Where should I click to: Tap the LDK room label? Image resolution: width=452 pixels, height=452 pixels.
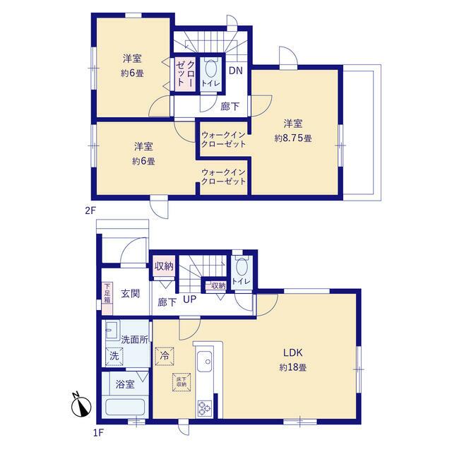tap(292, 352)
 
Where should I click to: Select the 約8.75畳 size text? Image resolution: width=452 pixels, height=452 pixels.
tap(293, 138)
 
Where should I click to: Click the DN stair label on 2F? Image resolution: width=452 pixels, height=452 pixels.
tap(235, 71)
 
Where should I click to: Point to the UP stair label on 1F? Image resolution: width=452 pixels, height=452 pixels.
tap(190, 299)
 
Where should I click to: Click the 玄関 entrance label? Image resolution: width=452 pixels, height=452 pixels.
tap(130, 294)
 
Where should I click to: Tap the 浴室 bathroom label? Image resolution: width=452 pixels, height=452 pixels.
tap(125, 384)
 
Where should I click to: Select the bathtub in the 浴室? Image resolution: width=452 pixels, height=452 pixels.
tap(125, 407)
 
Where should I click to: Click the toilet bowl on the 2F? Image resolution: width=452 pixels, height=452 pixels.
tap(210, 69)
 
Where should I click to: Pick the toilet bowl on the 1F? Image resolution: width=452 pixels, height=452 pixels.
tap(242, 267)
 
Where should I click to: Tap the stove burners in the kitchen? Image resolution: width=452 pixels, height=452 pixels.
tap(205, 408)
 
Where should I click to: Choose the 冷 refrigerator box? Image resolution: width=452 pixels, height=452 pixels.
tap(165, 356)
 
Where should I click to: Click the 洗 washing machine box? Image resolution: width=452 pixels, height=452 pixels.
tap(114, 356)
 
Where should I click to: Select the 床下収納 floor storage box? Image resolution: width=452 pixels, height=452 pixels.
tap(182, 382)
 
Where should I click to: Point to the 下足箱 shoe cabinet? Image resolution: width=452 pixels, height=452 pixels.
tap(107, 298)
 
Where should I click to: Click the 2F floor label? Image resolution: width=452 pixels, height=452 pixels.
tap(90, 210)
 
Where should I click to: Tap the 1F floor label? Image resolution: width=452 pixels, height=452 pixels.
tap(98, 432)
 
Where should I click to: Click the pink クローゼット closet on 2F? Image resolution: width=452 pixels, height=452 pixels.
tap(186, 74)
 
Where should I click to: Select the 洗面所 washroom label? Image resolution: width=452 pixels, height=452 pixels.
tap(135, 340)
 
